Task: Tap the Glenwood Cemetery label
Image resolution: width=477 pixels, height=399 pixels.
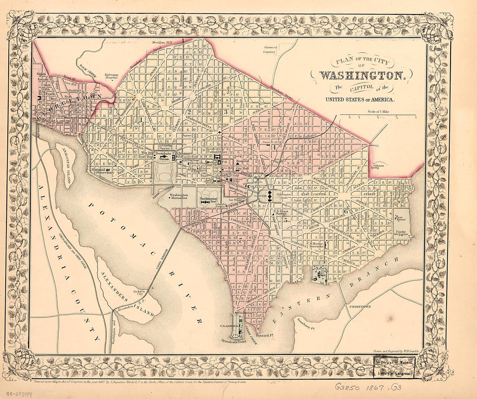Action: tap(269, 49)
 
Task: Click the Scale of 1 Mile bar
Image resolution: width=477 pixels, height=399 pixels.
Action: tap(378, 116)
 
